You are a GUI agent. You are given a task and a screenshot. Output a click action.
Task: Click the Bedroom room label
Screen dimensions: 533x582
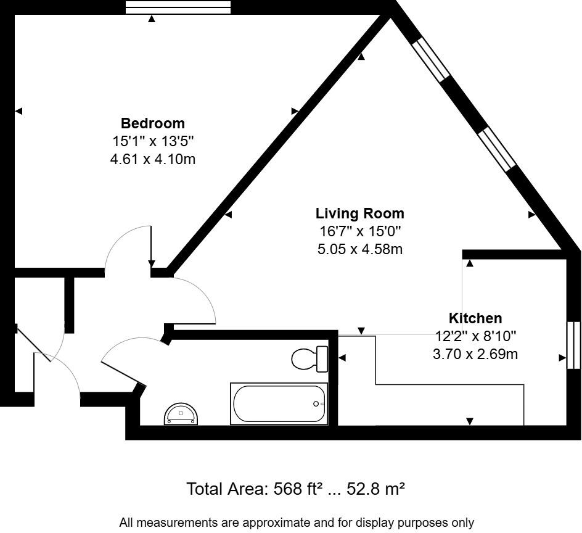pos(152,123)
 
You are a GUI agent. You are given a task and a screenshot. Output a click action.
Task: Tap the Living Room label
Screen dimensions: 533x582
pos(359,213)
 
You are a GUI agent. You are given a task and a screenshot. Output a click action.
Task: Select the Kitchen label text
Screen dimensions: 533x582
pos(475,318)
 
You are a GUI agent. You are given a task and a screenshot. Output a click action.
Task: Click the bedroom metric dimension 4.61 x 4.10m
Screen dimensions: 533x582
pos(152,159)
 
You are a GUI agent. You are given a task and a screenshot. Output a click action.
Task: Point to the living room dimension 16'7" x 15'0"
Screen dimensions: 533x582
pos(359,231)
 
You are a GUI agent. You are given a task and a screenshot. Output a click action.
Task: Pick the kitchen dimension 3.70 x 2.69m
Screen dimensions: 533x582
pos(475,355)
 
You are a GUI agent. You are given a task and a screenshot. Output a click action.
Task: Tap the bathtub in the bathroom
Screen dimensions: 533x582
pos(279,403)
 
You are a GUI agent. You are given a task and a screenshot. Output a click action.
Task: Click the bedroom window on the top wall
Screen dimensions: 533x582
pos(178,7)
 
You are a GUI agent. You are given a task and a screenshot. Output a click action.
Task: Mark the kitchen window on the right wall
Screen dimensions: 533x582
pos(573,345)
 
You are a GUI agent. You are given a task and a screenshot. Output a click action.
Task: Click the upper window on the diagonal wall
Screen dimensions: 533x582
pos(432,60)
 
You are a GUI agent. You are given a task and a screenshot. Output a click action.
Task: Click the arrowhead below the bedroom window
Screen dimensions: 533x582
pos(152,19)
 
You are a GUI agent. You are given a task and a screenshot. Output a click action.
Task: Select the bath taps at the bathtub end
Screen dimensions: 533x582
pos(318,403)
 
